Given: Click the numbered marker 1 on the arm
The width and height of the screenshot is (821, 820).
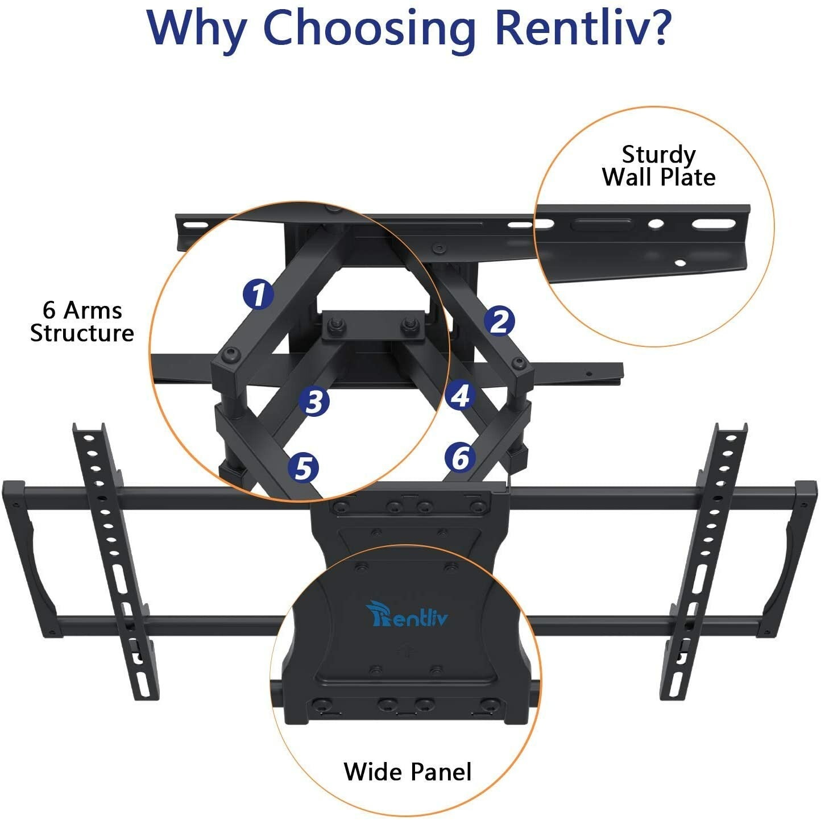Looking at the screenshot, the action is click(x=258, y=294).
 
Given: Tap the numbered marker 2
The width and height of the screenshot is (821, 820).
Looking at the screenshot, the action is click(x=499, y=321).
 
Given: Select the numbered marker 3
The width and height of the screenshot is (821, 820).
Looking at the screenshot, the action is click(x=314, y=401).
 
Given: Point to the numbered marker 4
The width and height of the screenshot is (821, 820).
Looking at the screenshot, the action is click(x=460, y=395).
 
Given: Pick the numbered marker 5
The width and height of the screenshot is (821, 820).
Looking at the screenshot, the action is click(x=303, y=468).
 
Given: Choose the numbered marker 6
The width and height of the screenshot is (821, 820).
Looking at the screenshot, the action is click(x=460, y=457).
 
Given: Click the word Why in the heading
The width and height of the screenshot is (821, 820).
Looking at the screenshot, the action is click(x=196, y=28).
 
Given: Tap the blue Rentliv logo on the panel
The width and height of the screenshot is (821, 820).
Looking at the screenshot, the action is click(x=407, y=615).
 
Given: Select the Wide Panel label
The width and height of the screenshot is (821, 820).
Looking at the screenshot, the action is click(x=408, y=772).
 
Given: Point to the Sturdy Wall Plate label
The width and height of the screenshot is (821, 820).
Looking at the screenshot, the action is click(x=658, y=166).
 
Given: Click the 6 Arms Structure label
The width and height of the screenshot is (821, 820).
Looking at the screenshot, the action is click(x=82, y=322).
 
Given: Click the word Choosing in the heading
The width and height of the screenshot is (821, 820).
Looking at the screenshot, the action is click(x=369, y=28).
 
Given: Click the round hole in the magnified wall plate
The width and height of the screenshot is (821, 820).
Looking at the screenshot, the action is click(x=656, y=224).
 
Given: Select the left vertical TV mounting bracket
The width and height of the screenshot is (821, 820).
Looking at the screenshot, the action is click(x=114, y=560).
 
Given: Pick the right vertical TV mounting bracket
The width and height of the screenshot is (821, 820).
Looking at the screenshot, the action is click(x=704, y=560).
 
